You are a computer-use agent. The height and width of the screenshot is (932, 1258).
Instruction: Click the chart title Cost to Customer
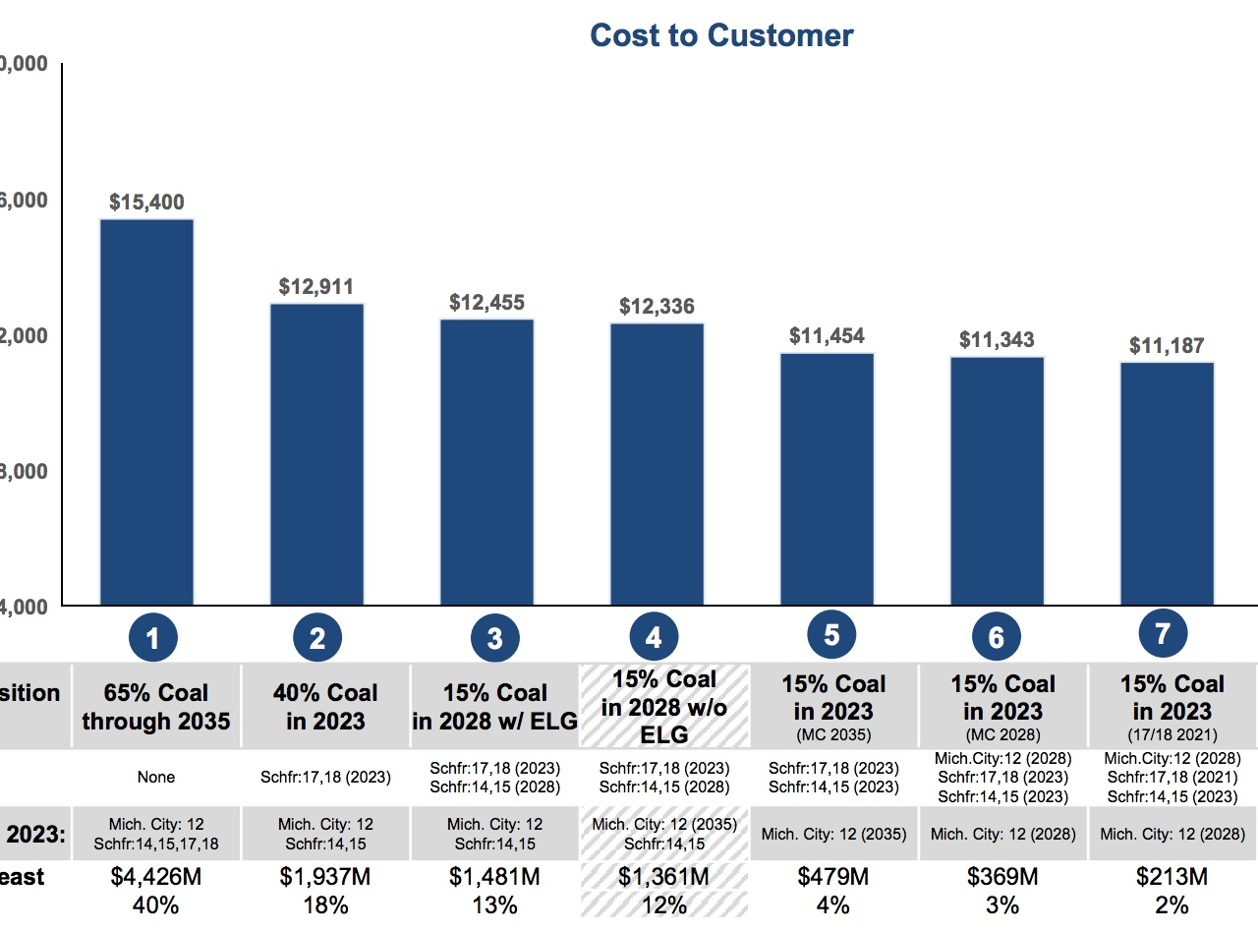click(x=721, y=35)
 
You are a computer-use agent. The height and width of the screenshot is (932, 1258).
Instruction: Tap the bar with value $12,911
click(x=316, y=453)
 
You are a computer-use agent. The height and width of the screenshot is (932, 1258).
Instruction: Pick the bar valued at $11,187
click(x=1167, y=483)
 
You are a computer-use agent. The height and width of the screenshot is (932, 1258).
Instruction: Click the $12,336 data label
click(x=657, y=307)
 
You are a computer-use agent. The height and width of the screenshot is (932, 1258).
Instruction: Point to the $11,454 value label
click(x=827, y=336)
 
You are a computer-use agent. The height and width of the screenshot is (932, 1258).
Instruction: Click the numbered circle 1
click(x=152, y=639)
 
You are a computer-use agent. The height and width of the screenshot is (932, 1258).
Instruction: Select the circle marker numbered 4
click(x=654, y=639)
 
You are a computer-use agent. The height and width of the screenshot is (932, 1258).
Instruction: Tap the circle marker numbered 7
click(x=1163, y=634)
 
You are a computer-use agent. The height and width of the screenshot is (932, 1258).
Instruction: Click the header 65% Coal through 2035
click(x=156, y=707)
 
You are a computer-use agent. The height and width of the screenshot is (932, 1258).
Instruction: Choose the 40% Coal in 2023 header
click(x=325, y=707)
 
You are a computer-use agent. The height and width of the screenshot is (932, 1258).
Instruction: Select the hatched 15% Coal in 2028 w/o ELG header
click(x=664, y=707)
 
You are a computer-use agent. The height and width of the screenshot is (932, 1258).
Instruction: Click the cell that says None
click(x=156, y=777)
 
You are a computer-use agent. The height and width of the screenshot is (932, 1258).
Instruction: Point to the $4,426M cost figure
click(x=156, y=876)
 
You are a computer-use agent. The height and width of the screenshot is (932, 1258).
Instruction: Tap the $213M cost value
click(x=1172, y=876)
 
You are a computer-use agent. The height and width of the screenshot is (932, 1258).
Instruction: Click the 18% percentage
click(x=325, y=904)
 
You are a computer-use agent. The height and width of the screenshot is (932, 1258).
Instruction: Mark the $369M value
click(x=1003, y=876)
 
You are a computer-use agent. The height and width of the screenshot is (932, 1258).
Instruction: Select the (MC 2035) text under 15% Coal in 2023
click(x=833, y=734)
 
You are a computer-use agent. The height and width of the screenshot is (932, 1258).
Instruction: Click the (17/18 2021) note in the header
click(x=1172, y=734)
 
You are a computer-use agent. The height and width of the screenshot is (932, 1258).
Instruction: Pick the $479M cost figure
click(x=833, y=876)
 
